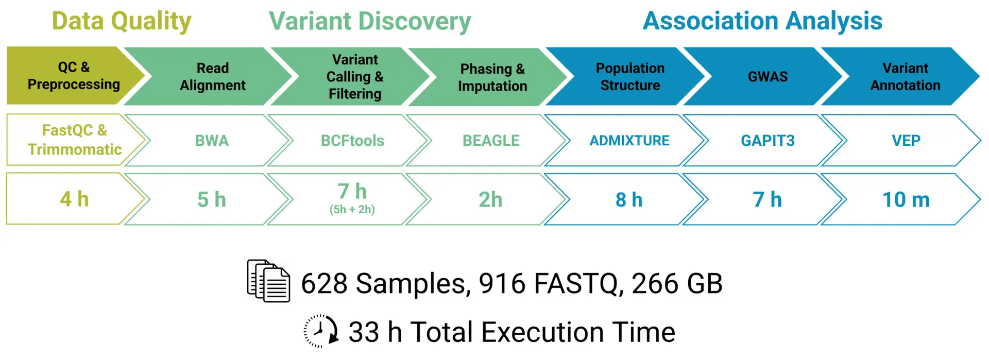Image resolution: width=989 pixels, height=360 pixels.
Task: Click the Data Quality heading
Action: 122,22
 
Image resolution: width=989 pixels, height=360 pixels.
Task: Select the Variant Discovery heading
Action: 370,22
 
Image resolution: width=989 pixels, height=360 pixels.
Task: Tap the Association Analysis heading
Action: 762,21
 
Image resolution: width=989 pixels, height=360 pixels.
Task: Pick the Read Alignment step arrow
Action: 212,76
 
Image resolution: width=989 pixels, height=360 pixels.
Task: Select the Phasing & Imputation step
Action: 492,77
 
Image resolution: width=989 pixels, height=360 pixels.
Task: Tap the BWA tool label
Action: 212,141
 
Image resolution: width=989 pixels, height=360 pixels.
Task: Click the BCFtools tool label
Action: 352,141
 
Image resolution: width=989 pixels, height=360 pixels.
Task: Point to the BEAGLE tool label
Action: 491,141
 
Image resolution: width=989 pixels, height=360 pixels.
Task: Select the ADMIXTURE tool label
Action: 629,141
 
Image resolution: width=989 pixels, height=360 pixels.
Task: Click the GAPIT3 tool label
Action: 768,141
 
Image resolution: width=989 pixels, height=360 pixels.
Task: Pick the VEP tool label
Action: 906,141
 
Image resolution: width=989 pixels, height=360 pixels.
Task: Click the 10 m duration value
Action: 906,200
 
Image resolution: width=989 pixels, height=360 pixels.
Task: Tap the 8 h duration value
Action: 629,200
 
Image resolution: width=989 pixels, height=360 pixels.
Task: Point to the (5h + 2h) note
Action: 352,210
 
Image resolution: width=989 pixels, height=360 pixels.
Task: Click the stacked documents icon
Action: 268,281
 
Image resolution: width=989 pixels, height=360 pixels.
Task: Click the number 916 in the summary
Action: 502,283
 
